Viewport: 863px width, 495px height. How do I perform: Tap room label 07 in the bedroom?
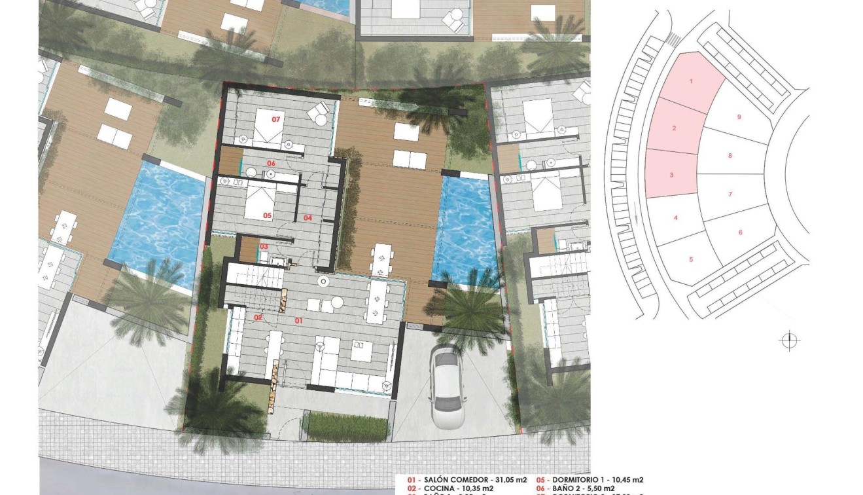point(276,119)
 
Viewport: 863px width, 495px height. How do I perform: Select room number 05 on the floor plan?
point(268,214)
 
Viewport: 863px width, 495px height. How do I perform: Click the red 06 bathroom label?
point(270,163)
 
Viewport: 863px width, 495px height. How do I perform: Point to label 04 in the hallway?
point(307,217)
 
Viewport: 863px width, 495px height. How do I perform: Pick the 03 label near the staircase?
point(264,246)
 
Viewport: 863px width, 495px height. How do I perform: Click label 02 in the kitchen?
point(258,318)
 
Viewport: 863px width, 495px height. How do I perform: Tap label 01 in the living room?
point(298,321)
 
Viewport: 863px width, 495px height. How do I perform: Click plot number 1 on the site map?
point(691,81)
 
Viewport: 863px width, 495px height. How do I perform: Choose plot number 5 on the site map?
point(691,259)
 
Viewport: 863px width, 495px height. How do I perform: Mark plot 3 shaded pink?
point(671,175)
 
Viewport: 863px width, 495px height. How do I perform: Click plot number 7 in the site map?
point(730,194)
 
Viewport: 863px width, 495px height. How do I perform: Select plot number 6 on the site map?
point(740,232)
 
